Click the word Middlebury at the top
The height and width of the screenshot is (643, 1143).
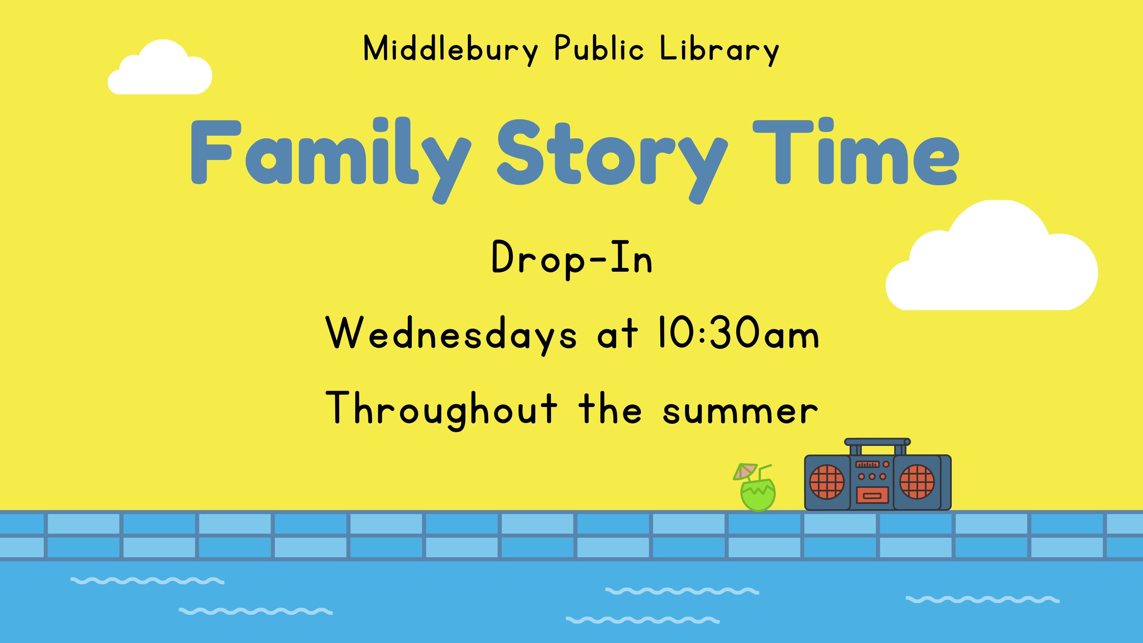pyautogui.click(x=450, y=50)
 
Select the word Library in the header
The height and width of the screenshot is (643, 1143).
pyautogui.click(x=720, y=50)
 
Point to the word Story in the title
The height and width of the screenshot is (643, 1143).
pyautogui.click(x=612, y=155)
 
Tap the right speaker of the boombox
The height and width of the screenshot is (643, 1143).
pyautogui.click(x=917, y=482)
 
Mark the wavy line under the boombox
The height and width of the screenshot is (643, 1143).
pyautogui.click(x=982, y=600)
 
